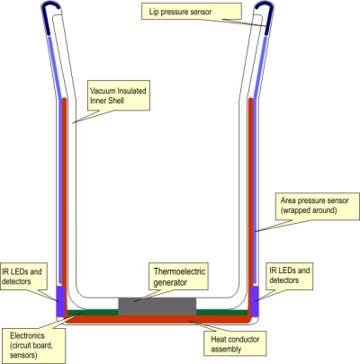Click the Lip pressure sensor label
click(192, 12)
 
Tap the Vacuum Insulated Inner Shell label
click(119, 95)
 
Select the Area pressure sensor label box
click(317, 207)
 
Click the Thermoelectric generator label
click(179, 277)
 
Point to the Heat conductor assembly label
click(235, 343)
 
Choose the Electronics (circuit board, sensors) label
click(33, 345)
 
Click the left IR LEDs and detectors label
click(23, 276)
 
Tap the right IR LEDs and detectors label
click(290, 276)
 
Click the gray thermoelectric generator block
click(157, 306)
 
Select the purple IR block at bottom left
click(60, 301)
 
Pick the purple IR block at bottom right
click(255, 301)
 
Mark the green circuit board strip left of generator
click(93, 313)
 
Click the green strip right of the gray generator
click(222, 313)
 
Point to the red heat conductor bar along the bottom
click(157, 319)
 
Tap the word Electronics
click(27, 335)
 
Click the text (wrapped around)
click(309, 210)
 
